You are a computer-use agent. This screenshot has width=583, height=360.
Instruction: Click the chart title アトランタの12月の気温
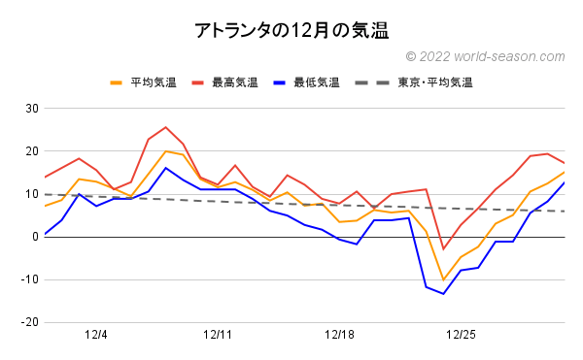[291, 30]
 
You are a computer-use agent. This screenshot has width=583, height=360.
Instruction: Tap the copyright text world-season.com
[485, 57]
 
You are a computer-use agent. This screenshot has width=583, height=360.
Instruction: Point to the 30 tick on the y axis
[29, 109]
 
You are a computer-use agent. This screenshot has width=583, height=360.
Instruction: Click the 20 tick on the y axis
[29, 151]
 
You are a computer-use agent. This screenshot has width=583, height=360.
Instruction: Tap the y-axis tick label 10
[29, 194]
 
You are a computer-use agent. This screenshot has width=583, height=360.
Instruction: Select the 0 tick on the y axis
[32, 237]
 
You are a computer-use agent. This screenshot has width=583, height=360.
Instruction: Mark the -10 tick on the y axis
[27, 279]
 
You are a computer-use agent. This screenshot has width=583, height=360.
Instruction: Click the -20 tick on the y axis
[27, 322]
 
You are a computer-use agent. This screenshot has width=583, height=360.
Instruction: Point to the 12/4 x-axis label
[96, 335]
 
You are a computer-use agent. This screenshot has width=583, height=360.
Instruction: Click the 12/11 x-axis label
[218, 335]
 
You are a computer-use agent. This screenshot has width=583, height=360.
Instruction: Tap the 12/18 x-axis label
[339, 335]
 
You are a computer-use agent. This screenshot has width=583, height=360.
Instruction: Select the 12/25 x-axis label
[461, 335]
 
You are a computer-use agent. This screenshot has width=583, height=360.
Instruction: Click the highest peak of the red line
[166, 127]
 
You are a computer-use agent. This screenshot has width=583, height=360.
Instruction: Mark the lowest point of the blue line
[444, 293]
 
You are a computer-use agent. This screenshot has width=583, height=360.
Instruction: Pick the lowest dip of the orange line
[444, 280]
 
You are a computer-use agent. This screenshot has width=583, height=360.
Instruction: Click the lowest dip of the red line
[444, 249]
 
